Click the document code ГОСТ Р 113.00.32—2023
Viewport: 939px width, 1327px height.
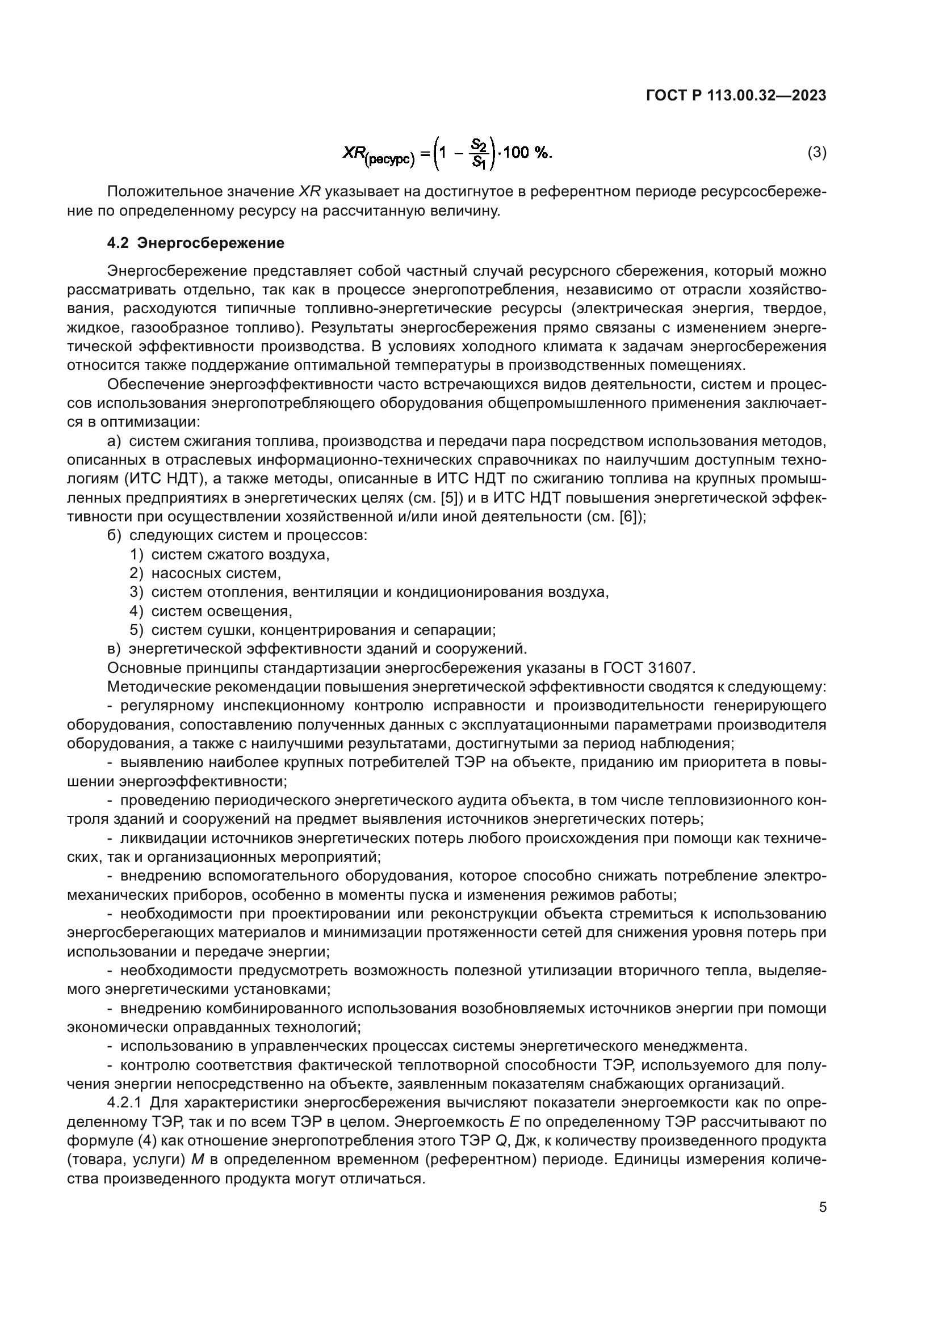(x=735, y=96)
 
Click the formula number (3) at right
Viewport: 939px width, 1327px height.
(x=816, y=153)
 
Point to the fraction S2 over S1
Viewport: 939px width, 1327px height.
(x=478, y=153)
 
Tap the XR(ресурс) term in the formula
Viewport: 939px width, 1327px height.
(x=379, y=154)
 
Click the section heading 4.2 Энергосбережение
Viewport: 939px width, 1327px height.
(x=195, y=243)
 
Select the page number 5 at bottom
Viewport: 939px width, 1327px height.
(x=822, y=1207)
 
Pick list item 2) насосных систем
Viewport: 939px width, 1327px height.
(x=206, y=574)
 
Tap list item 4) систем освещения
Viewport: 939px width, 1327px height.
(x=211, y=611)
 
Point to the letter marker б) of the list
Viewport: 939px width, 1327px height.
(x=115, y=535)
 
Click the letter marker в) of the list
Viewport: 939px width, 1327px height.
(x=115, y=648)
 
